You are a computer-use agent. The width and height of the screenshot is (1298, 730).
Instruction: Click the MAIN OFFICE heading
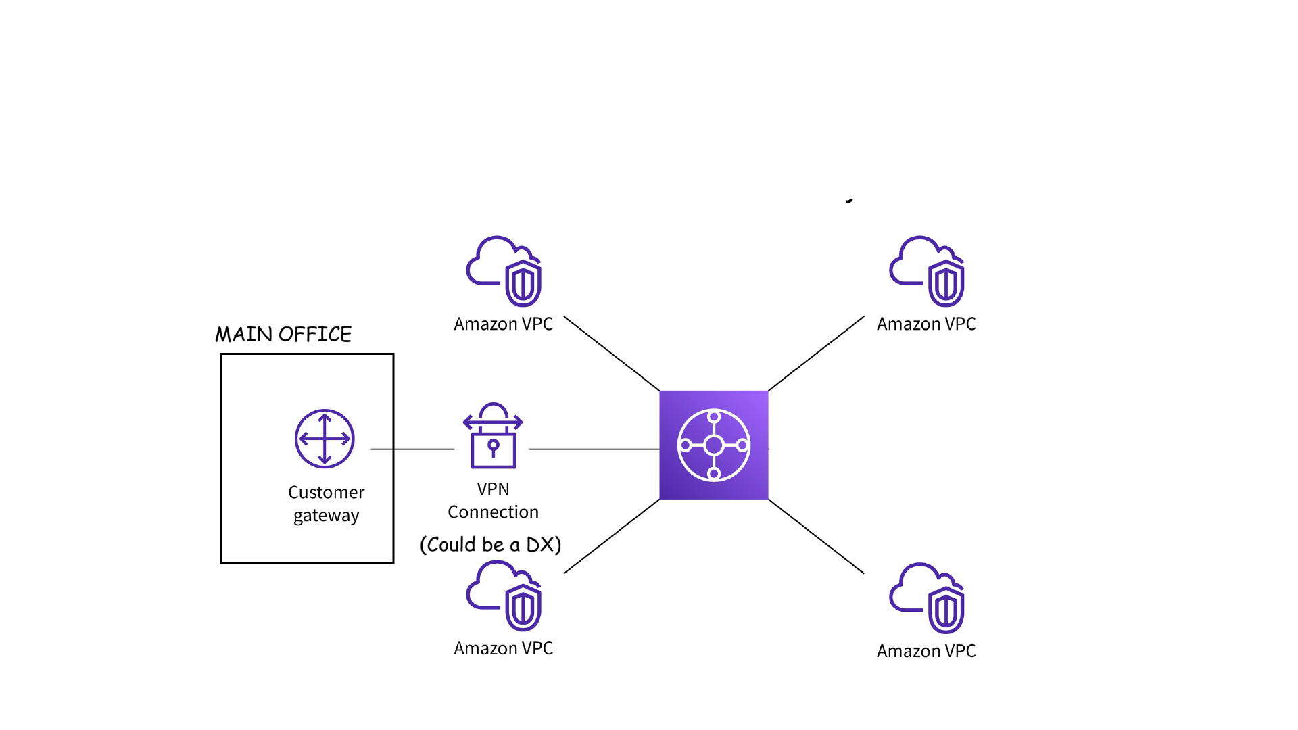(x=283, y=334)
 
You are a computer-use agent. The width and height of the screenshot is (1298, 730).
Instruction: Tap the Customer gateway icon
(x=324, y=439)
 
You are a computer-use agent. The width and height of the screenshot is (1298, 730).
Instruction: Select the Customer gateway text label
(x=326, y=504)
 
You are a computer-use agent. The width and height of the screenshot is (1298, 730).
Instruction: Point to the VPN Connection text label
(x=493, y=500)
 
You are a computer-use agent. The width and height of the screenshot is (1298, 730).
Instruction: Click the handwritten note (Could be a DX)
(x=490, y=545)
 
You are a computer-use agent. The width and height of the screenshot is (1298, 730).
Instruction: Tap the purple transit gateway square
(x=713, y=445)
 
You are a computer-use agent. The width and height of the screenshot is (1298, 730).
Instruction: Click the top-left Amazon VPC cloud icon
(x=504, y=270)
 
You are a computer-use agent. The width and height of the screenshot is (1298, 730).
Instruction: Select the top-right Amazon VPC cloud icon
(x=926, y=270)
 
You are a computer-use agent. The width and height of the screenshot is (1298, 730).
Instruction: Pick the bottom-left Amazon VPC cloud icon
(x=504, y=595)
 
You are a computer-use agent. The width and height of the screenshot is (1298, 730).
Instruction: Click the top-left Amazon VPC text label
(x=504, y=324)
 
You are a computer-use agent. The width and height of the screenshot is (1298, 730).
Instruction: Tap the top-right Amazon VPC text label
(x=926, y=324)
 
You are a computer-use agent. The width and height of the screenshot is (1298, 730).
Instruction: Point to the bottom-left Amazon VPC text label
(x=504, y=648)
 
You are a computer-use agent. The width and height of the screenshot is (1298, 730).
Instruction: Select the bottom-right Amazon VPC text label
(x=926, y=651)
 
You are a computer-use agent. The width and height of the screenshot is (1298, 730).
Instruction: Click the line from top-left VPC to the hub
(x=612, y=354)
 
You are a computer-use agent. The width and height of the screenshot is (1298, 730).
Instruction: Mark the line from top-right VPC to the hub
(x=816, y=354)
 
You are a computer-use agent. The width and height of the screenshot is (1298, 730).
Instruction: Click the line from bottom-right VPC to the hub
(x=816, y=537)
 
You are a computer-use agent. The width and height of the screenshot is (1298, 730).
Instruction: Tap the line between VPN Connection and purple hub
(x=594, y=449)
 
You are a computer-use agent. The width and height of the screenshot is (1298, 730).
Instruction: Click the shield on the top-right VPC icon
(x=946, y=284)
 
